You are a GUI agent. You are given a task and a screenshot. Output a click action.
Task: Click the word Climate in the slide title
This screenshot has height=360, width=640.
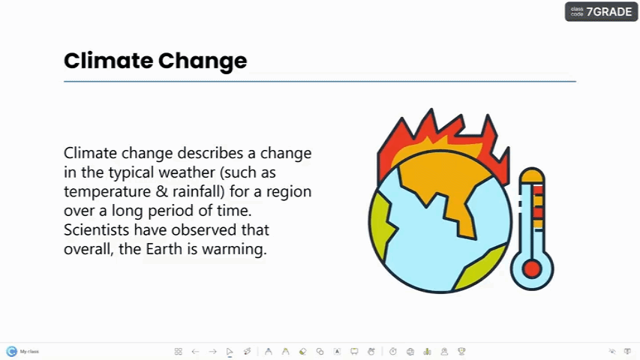pyautogui.click(x=108, y=61)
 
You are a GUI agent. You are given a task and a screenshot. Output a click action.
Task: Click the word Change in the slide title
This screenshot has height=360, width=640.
pyautogui.click(x=203, y=61)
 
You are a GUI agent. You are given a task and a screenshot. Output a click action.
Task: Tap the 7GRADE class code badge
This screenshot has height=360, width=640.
pyautogui.click(x=601, y=11)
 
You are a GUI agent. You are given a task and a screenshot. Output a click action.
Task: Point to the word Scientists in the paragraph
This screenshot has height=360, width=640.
pyautogui.click(x=96, y=229)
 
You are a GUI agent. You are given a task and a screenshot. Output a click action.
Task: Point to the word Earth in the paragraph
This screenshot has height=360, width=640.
pyautogui.click(x=164, y=248)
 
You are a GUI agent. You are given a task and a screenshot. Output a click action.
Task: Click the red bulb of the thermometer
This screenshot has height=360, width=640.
pyautogui.click(x=531, y=269)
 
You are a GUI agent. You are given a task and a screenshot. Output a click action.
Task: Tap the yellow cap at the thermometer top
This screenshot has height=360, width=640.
pyautogui.click(x=532, y=175)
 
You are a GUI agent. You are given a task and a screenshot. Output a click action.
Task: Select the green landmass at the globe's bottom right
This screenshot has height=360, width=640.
pyautogui.click(x=481, y=267)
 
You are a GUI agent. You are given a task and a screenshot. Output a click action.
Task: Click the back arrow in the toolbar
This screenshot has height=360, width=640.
pyautogui.click(x=195, y=352)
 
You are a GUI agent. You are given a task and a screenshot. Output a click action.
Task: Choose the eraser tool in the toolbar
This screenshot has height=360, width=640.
pyautogui.click(x=302, y=352)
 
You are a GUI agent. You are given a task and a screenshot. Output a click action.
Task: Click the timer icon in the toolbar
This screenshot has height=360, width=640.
pyautogui.click(x=392, y=352)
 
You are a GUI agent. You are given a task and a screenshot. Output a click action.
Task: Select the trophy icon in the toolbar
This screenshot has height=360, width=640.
pyautogui.click(x=461, y=352)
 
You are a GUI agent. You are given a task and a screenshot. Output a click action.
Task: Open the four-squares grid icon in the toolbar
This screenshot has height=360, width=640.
pyautogui.click(x=178, y=352)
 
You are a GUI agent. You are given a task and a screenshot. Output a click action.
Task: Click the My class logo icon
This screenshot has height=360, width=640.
pyautogui.click(x=11, y=351)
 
